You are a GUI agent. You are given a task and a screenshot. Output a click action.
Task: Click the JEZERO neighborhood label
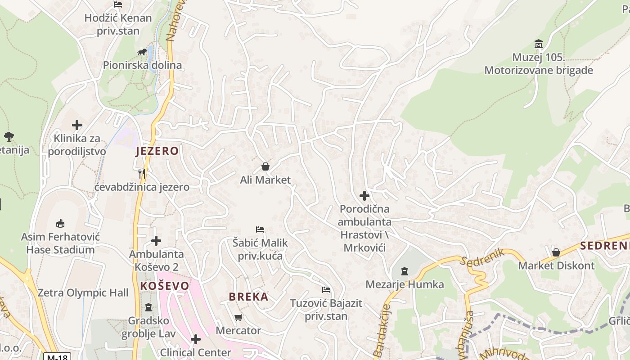[x=157, y=151]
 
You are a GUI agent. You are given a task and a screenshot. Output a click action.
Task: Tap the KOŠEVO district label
[x=165, y=286]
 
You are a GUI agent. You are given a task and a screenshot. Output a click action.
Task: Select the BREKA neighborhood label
[x=248, y=297]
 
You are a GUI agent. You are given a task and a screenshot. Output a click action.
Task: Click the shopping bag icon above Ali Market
[x=265, y=167]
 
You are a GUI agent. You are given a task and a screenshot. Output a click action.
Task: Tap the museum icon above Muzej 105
[x=538, y=44]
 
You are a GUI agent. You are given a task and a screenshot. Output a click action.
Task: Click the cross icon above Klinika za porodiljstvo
[x=77, y=125]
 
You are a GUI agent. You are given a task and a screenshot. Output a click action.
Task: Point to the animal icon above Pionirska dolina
[x=142, y=52]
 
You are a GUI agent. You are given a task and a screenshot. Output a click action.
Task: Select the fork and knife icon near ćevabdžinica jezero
[x=142, y=173]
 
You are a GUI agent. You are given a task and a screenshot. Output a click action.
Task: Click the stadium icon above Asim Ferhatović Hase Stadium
[x=60, y=223]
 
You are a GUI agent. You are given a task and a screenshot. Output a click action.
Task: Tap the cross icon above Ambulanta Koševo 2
[x=156, y=241]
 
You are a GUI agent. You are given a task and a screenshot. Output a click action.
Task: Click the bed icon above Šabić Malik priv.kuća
[x=260, y=229]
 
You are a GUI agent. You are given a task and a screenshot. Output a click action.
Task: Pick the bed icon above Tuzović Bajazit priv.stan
[x=326, y=290]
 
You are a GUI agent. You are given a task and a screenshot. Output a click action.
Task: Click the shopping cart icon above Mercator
[x=238, y=317]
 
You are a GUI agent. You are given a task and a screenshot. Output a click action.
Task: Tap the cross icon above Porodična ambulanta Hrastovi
[x=364, y=196]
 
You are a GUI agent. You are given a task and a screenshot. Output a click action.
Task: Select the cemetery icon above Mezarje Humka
[x=405, y=271]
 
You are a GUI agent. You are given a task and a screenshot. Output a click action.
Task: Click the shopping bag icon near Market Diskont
[x=556, y=252]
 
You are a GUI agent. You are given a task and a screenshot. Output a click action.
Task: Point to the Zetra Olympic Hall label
[x=83, y=293]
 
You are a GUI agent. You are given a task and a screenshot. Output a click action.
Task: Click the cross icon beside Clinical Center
[x=195, y=339]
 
